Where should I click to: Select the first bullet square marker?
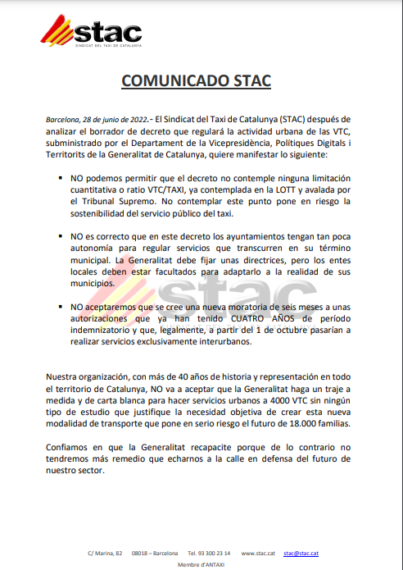click(61, 178)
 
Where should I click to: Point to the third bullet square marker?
click(61, 307)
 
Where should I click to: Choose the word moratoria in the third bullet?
click(258, 307)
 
